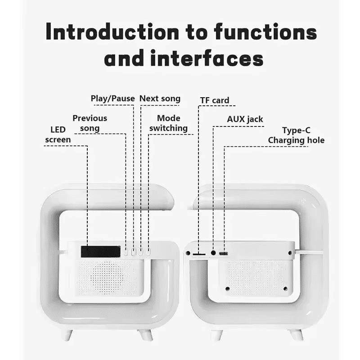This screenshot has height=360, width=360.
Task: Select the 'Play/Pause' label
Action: (112, 99)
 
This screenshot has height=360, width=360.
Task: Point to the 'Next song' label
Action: (160, 99)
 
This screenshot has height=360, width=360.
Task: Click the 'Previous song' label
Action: (90, 123)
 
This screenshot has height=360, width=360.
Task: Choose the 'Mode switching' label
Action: (169, 123)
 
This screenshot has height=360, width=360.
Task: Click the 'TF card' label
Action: (215, 100)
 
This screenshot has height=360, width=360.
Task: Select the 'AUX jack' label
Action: (245, 119)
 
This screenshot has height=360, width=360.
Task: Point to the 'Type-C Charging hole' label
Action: (296, 135)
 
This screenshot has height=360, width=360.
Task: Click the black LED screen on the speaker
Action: (100, 252)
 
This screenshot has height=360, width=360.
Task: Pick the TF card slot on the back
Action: (198, 254)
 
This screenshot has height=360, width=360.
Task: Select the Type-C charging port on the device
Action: (223, 254)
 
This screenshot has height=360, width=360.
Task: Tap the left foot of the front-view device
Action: (67, 334)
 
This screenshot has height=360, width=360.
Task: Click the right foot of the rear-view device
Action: (296, 334)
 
